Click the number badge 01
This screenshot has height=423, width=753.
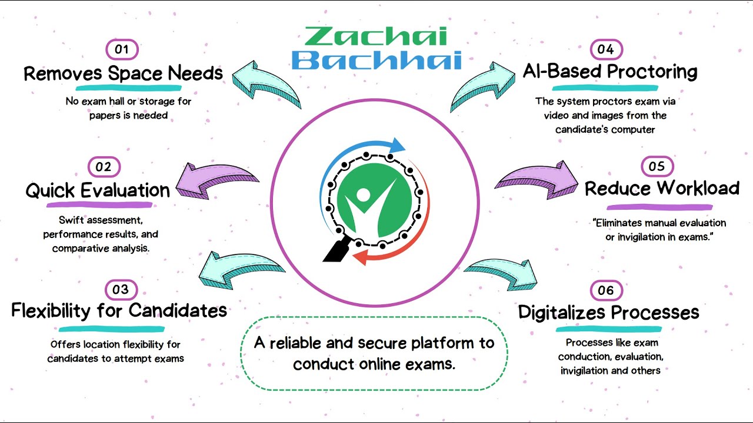122,49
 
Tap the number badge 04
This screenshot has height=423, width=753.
607,49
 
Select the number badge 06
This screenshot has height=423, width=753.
607,290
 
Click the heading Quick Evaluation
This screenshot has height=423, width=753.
98,190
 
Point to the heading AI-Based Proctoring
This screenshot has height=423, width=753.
610,72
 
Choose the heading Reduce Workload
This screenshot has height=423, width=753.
662,188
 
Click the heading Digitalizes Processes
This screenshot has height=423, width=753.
608,312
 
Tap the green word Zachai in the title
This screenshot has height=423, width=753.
376,36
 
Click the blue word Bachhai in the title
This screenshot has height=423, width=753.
376,61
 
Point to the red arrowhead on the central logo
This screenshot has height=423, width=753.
359,258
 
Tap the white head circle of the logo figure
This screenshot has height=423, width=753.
363,194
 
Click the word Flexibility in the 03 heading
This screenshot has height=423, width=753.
51,311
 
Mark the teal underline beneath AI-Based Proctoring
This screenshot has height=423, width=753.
605,88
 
